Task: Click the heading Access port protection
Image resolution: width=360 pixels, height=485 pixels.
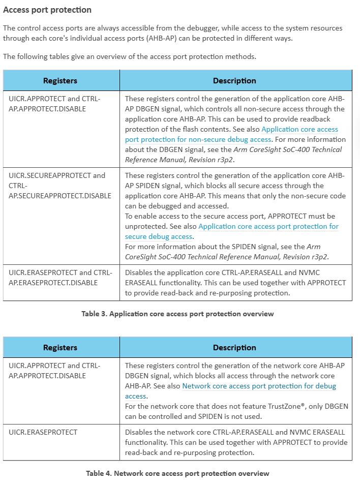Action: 47,10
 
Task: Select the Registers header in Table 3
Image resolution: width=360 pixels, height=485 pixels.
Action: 60,80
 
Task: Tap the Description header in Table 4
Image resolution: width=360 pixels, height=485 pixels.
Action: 234,347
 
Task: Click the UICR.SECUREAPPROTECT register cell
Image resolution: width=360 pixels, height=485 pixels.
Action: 60,186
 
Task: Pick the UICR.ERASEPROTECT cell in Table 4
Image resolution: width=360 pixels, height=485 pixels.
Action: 43,432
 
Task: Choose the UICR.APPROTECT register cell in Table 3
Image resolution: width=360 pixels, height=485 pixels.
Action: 54,104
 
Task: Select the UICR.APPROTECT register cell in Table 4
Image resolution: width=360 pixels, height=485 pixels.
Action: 54,371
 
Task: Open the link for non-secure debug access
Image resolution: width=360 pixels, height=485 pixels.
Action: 231,134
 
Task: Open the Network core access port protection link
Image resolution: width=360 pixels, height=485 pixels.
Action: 259,386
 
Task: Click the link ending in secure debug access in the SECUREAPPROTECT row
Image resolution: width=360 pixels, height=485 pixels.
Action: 268,227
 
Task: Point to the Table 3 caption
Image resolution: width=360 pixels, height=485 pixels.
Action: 177,314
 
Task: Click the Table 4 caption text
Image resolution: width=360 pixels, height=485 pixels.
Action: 177,473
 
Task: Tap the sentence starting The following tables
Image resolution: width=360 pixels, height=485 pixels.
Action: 129,56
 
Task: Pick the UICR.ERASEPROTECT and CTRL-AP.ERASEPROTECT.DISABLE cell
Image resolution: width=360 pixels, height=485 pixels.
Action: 60,278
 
